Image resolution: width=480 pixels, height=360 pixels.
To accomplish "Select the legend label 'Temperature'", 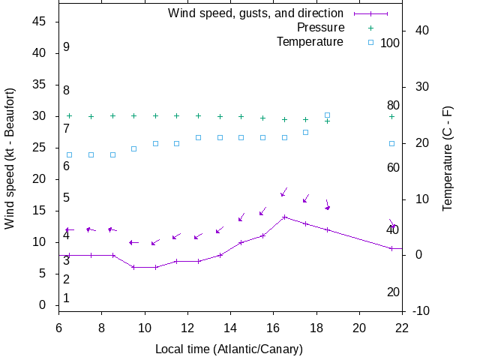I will pyautogui.click(x=310, y=41).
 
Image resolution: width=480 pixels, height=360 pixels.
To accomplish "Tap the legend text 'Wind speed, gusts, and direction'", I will pyautogui.click(x=256, y=13).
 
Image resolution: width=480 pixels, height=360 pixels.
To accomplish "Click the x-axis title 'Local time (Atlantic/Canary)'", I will pyautogui.click(x=229, y=349).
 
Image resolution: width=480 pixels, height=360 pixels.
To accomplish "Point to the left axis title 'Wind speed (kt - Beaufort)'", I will pyautogui.click(x=10, y=158).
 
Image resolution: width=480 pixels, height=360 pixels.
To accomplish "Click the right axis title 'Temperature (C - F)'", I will pyautogui.click(x=447, y=158).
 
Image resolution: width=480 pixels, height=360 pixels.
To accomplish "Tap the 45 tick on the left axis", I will pyautogui.click(x=40, y=22).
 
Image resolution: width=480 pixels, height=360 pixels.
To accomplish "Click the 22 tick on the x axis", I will pyautogui.click(x=402, y=327).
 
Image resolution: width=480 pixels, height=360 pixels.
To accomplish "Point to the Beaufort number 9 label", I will pyautogui.click(x=66, y=47).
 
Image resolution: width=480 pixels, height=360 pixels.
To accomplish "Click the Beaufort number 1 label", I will pyautogui.click(x=66, y=298).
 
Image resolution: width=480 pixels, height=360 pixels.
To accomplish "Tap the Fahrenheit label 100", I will pyautogui.click(x=390, y=43).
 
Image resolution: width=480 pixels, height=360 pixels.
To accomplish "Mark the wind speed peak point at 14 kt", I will pyautogui.click(x=284, y=217).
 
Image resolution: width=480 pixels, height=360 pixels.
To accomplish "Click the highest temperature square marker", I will pyautogui.click(x=327, y=115).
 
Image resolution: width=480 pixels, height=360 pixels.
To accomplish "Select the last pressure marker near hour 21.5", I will pyautogui.click(x=391, y=116).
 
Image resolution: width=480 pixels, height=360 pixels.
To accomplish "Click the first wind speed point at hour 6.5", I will pyautogui.click(x=70, y=255).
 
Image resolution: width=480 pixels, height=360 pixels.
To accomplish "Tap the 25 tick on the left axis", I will pyautogui.click(x=40, y=148).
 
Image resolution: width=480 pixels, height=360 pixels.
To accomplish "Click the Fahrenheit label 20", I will pyautogui.click(x=393, y=292).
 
